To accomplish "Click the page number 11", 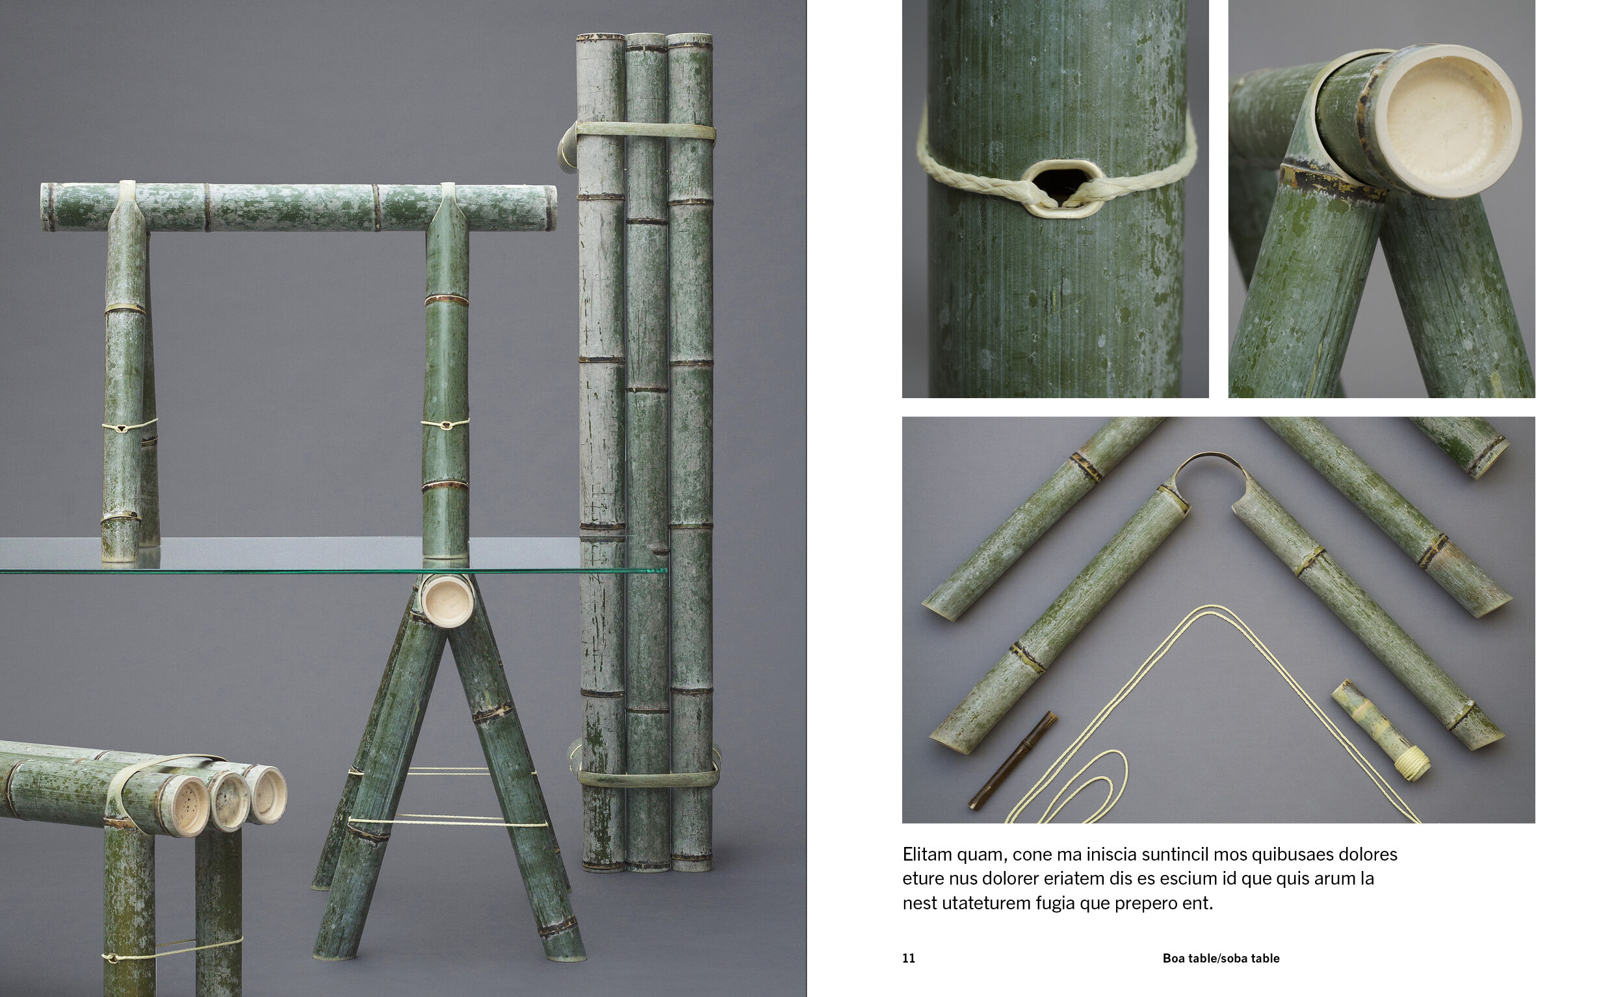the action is pos(909,959).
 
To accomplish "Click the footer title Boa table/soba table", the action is pos(1221,959).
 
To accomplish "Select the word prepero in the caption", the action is pos(1152,904).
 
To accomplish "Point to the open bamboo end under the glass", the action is pos(447,599).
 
